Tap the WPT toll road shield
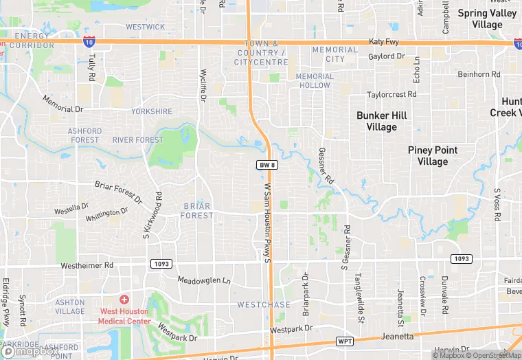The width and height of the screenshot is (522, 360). pos(345,341)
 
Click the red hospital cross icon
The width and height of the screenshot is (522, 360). pos(124,300)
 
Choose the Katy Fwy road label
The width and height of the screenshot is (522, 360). pos(383,42)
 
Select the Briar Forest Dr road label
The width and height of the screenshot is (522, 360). pos(118,192)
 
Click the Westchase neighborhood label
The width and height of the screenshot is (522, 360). pos(264,304)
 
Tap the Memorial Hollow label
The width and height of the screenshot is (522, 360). pos(314,80)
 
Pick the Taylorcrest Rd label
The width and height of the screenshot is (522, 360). pos(391,94)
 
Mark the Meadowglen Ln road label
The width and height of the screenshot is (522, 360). pos(204,280)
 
